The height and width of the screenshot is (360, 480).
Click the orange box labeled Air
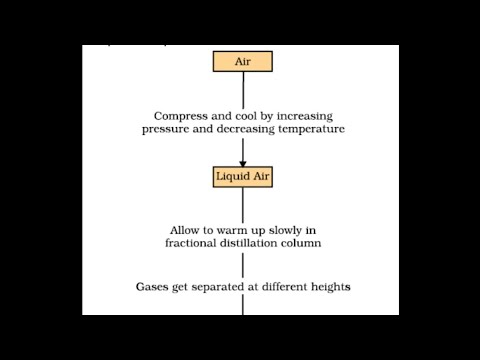click(242, 61)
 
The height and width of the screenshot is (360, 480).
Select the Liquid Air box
click(242, 178)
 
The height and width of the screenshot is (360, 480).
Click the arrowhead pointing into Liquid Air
click(242, 162)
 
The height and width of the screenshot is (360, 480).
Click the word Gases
click(154, 286)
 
